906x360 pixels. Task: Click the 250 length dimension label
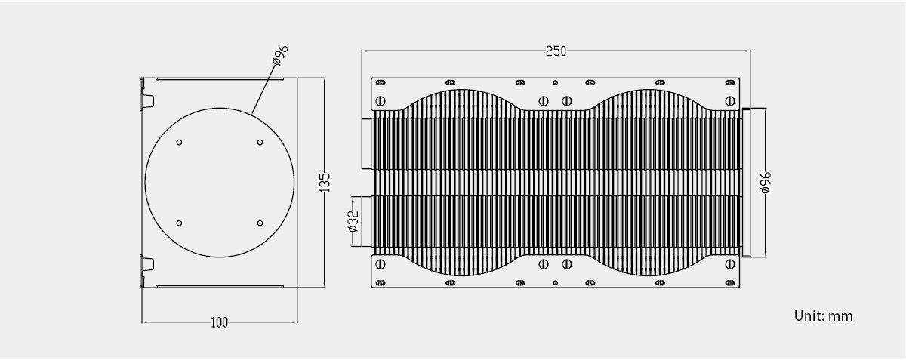pos(556,51)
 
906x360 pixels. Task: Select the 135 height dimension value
pos(325,183)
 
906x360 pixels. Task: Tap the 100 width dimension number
pos(219,322)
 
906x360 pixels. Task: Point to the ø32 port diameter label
pos(353,221)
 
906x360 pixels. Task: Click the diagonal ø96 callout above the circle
pos(281,54)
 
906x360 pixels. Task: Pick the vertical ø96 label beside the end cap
pos(766,183)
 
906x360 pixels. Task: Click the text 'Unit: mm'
pos(823,316)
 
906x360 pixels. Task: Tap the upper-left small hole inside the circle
pos(179,143)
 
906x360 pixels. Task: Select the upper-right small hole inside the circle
pos(260,143)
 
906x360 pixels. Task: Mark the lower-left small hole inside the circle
pos(179,223)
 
